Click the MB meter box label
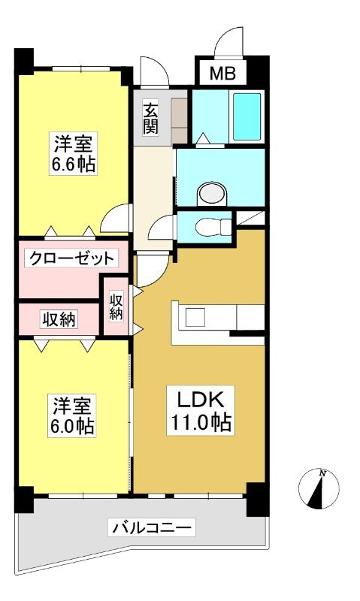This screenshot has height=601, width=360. [x=222, y=73]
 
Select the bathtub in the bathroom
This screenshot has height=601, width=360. [x=247, y=116]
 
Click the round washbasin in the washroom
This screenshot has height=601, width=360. [x=212, y=193]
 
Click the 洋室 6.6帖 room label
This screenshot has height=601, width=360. [x=74, y=154]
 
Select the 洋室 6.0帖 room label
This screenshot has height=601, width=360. [x=72, y=416]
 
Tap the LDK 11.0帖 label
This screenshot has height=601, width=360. [x=200, y=410]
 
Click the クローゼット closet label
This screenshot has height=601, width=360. [x=71, y=258]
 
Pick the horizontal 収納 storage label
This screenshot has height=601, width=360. [x=59, y=319]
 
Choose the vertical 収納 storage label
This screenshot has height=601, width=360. [x=116, y=307]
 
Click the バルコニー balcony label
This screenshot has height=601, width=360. [x=151, y=528]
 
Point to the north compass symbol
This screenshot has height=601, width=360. [x=319, y=489]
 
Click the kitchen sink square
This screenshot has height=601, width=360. [x=195, y=317]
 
